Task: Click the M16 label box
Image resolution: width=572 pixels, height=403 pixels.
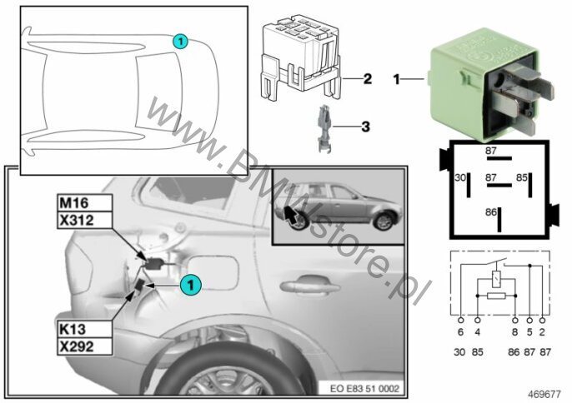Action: pyautogui.click(x=84, y=202)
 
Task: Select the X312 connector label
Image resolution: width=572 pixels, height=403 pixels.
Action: pyautogui.click(x=84, y=220)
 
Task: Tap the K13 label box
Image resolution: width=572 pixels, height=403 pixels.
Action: pyautogui.click(x=84, y=329)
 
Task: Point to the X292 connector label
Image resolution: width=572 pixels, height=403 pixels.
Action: pyautogui.click(x=84, y=346)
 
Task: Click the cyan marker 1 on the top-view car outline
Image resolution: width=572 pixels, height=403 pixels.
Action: pyautogui.click(x=180, y=41)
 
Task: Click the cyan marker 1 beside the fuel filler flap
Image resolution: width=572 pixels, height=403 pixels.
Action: pyautogui.click(x=190, y=285)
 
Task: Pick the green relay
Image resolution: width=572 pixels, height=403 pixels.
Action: pyautogui.click(x=489, y=84)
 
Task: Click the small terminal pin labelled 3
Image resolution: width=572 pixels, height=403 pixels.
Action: pyautogui.click(x=324, y=128)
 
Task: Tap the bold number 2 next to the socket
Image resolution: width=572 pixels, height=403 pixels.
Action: pyautogui.click(x=367, y=79)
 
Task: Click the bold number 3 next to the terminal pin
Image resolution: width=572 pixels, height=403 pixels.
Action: pyautogui.click(x=365, y=127)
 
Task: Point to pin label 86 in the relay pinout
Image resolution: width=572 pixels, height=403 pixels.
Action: pyautogui.click(x=490, y=211)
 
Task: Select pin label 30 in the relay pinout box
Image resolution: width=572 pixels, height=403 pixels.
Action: pyautogui.click(x=460, y=177)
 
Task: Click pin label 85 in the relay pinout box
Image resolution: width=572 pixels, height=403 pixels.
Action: pyautogui.click(x=522, y=177)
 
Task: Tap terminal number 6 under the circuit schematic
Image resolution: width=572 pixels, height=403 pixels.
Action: pyautogui.click(x=460, y=332)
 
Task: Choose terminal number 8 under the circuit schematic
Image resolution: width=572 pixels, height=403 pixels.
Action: pyautogui.click(x=514, y=332)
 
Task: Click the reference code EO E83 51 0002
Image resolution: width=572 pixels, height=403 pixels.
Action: pyautogui.click(x=364, y=388)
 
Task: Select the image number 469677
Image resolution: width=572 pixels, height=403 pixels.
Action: pyautogui.click(x=544, y=394)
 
